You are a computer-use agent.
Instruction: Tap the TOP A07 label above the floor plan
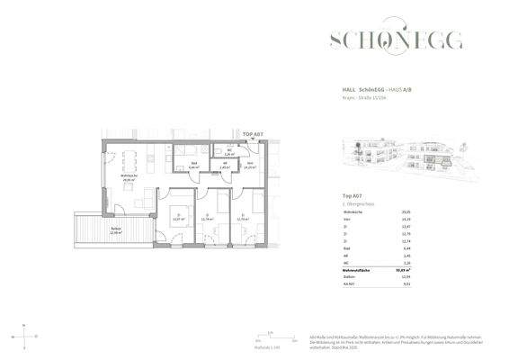coord(253,134)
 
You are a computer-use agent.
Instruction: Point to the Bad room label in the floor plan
coord(193,166)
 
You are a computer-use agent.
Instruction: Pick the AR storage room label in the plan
coord(224,166)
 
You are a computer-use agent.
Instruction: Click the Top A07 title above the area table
coord(353,195)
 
